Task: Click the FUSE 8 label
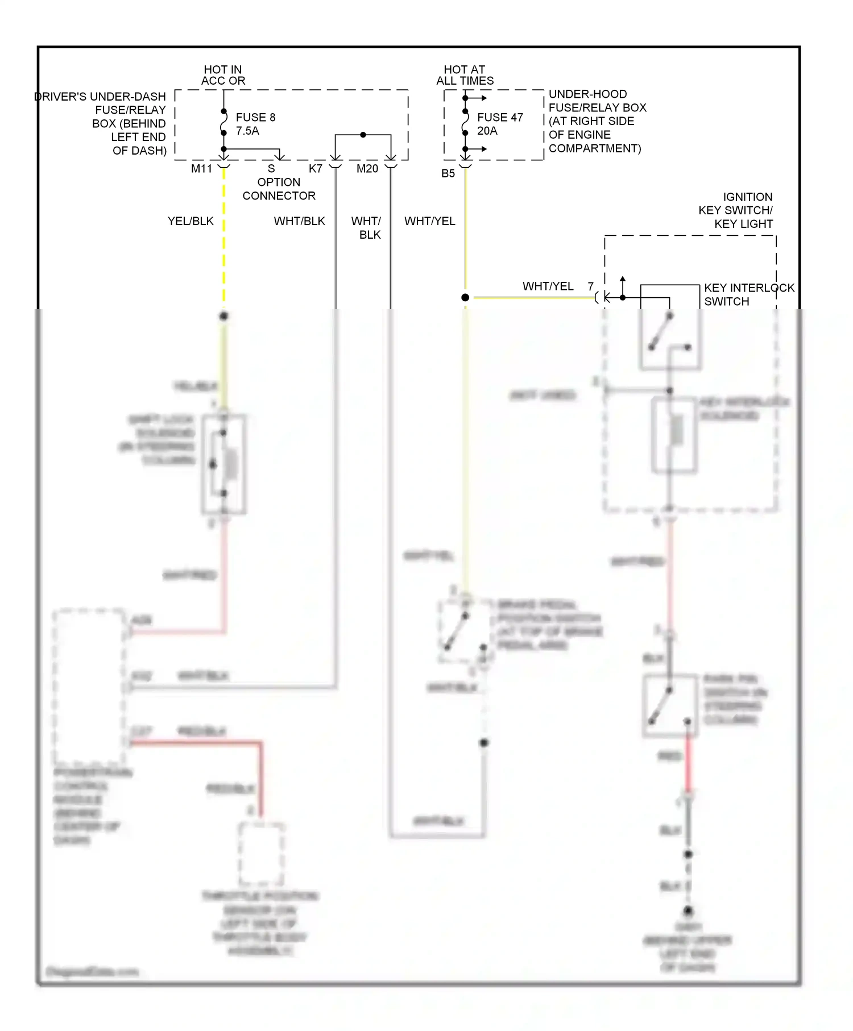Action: [255, 117]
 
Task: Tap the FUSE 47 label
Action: [499, 117]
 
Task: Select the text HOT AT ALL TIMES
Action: [465, 75]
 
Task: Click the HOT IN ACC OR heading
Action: [223, 75]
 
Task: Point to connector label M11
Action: [201, 168]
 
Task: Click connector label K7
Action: [316, 168]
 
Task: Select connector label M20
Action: [367, 168]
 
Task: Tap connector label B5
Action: [448, 173]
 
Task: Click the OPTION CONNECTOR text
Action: [279, 189]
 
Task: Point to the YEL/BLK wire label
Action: [191, 221]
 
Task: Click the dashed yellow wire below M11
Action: [223, 239]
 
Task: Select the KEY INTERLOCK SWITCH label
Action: [748, 294]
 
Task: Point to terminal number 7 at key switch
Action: [591, 286]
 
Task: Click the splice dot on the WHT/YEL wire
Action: [465, 297]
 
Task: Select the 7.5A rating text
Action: [247, 131]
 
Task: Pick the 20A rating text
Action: [487, 131]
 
